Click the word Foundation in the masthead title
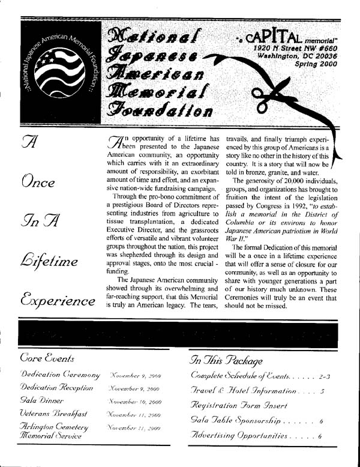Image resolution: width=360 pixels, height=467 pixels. [158, 110]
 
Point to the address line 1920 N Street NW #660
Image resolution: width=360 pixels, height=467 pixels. [290, 46]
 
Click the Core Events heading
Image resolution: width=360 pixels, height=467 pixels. [47, 359]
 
